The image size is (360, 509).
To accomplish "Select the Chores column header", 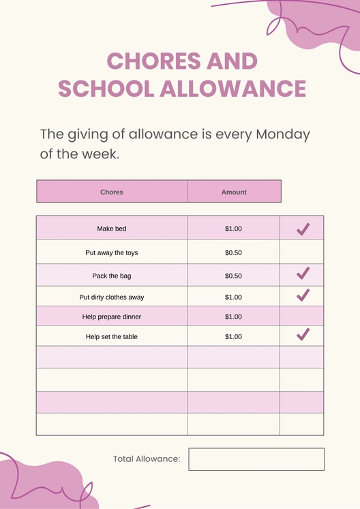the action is (112, 192).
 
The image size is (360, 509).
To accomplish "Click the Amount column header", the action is (234, 192).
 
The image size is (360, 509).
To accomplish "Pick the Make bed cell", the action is (112, 229).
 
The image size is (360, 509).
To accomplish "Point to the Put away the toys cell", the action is (112, 252).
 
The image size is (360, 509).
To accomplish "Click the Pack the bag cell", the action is (112, 276).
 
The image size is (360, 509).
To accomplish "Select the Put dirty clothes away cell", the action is (112, 297).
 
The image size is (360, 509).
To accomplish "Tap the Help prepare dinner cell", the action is (112, 317).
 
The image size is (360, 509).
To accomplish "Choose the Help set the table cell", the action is (112, 337).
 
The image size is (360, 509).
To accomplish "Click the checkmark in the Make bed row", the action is (303, 229).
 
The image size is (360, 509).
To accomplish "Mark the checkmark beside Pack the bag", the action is (303, 274).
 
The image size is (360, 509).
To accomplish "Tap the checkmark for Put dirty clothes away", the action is (303, 295).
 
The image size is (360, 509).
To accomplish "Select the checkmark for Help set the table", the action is (303, 334).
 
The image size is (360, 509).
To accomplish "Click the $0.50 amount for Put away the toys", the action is (233, 252).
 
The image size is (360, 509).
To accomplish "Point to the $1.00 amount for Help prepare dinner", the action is (233, 317).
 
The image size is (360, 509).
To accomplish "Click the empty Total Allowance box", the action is (256, 459).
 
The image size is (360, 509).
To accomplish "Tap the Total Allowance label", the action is (147, 459).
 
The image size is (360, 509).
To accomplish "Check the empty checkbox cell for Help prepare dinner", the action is (302, 317).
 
